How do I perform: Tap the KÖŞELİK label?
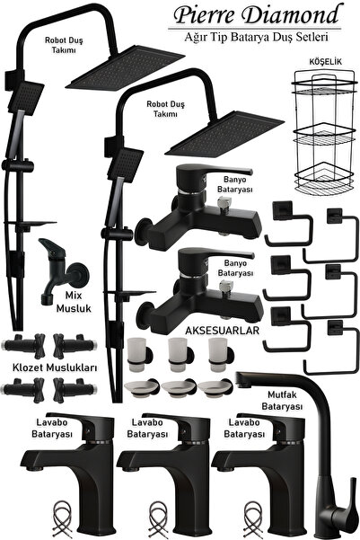[325, 62]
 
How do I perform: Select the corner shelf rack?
[323, 133]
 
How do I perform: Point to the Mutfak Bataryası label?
[282, 400]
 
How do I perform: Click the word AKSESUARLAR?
[222, 331]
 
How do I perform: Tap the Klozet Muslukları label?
[55, 367]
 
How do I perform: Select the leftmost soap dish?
[142, 388]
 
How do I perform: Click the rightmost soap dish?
[215, 388]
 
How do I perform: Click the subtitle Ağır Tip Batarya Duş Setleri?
[256, 37]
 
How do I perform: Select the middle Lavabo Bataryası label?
[147, 428]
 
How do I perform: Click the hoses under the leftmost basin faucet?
[62, 519]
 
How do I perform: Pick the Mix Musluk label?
[74, 302]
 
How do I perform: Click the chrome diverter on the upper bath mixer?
[224, 202]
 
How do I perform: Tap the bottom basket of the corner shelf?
[323, 179]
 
